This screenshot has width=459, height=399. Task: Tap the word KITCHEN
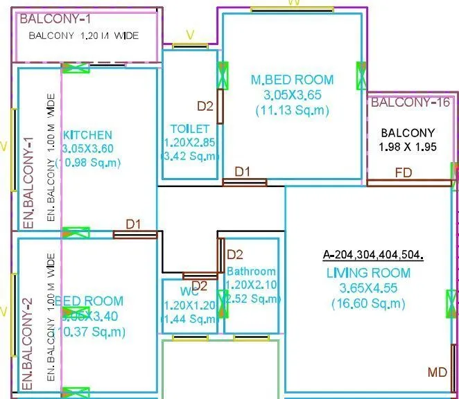pyautogui.click(x=87, y=134)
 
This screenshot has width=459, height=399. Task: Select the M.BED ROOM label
pyautogui.click(x=292, y=80)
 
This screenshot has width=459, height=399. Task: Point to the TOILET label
pyautogui.click(x=189, y=129)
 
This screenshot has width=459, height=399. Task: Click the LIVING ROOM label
pyautogui.click(x=368, y=273)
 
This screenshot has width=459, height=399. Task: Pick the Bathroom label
pyautogui.click(x=251, y=272)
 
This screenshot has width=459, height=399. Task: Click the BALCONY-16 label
pyautogui.click(x=410, y=103)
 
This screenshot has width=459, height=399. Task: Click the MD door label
pyautogui.click(x=437, y=373)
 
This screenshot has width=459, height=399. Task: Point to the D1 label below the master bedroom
pyautogui.click(x=243, y=171)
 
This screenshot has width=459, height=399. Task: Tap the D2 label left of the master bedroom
pyautogui.click(x=205, y=106)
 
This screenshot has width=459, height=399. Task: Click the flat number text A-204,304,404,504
pyautogui.click(x=373, y=254)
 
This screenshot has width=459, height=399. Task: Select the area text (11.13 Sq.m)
pyautogui.click(x=292, y=110)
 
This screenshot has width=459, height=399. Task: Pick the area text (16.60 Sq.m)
pyautogui.click(x=368, y=303)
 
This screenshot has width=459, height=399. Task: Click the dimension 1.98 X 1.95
pyautogui.click(x=408, y=147)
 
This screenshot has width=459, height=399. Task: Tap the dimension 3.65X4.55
pyautogui.click(x=368, y=288)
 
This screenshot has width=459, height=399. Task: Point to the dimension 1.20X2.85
pyautogui.click(x=189, y=143)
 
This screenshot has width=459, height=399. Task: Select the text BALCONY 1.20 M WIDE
pyautogui.click(x=87, y=35)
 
